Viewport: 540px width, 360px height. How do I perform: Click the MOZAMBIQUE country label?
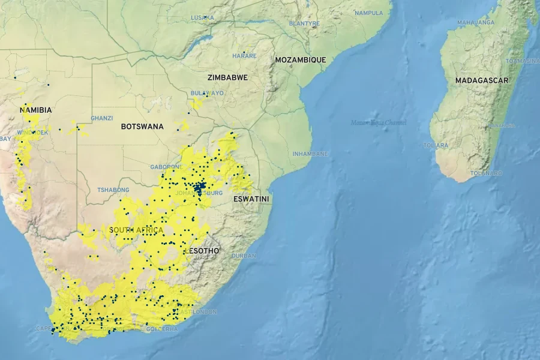point(301,60)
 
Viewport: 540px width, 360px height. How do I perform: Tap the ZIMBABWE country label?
point(227,78)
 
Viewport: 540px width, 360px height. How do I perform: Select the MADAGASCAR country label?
point(482,80)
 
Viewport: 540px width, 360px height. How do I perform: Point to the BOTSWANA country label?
point(142,127)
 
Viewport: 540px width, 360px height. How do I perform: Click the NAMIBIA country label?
point(36,110)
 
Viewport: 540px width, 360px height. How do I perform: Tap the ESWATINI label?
point(251,199)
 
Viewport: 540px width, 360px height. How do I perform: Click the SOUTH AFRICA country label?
point(136,230)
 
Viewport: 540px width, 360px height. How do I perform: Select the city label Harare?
point(244,56)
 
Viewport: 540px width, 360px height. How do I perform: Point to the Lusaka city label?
point(202,17)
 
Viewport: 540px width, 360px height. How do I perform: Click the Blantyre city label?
point(304,23)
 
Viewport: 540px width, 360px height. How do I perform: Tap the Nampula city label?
point(368,13)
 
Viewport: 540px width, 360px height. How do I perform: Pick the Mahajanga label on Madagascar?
point(476,23)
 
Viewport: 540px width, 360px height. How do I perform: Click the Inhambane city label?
point(310,154)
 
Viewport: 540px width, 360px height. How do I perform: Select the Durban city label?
point(244,256)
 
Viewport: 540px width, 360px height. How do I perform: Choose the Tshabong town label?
point(113,190)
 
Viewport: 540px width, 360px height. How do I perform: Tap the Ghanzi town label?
point(101,118)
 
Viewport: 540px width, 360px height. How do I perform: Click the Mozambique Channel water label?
point(379,122)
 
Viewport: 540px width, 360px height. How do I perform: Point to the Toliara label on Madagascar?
point(436,145)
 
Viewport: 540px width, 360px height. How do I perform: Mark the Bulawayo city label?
point(207,93)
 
